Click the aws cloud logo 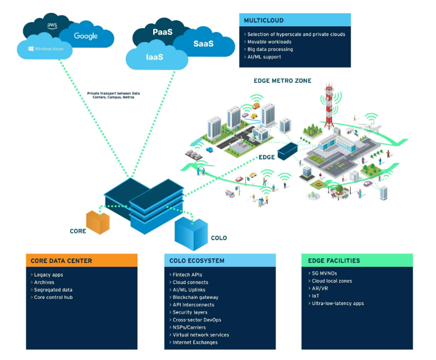pyautogui.click(x=52, y=25)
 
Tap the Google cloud pyautogui.click(x=86, y=36)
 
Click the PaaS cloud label pyautogui.click(x=163, y=33)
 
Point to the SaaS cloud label pyautogui.click(x=203, y=44)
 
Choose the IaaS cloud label pyautogui.click(x=155, y=57)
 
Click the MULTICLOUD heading pyautogui.click(x=264, y=20)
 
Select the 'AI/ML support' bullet pyautogui.click(x=264, y=57)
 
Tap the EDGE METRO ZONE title pyautogui.click(x=282, y=81)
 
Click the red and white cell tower pyautogui.click(x=329, y=107)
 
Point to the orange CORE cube pyautogui.click(x=97, y=222)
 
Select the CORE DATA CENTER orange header pyautogui.click(x=81, y=261)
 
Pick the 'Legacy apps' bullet pyautogui.click(x=49, y=275)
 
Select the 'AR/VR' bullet pyautogui.click(x=320, y=288)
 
